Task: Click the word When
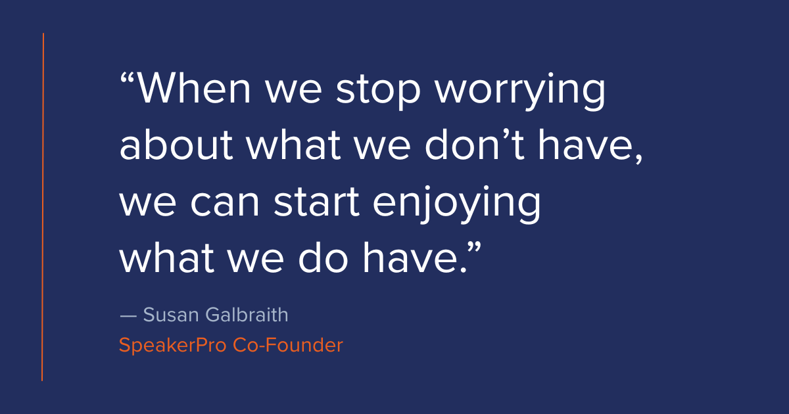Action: point(197,89)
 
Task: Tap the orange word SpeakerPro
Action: point(172,345)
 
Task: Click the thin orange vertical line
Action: point(43,207)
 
